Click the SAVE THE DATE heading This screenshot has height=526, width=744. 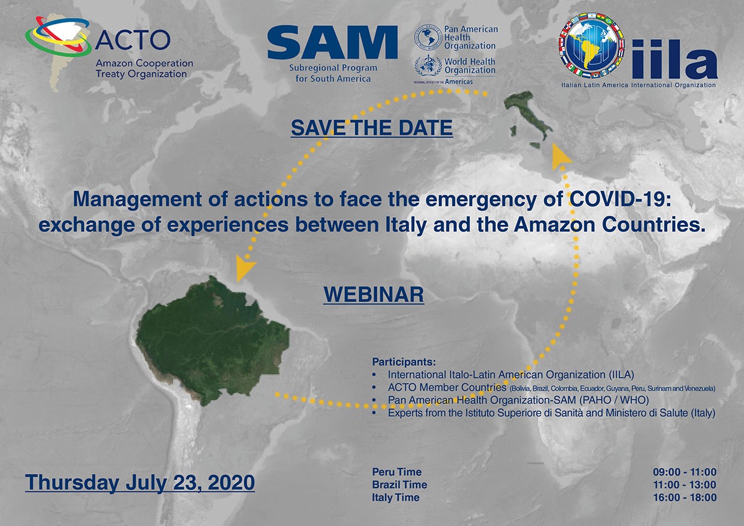371,128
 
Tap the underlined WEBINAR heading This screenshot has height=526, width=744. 374,295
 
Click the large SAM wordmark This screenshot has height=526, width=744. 332,43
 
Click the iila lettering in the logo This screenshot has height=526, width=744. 675,60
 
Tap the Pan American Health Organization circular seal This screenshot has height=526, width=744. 427,37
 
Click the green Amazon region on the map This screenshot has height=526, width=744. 213,341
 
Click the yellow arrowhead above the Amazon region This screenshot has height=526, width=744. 244,267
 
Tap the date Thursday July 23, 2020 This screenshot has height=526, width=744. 140,483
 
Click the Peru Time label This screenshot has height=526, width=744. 397,472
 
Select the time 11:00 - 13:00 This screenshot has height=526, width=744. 684,485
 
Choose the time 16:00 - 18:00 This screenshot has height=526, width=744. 684,497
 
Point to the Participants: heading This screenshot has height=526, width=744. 404,362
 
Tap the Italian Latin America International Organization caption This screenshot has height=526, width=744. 639,85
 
